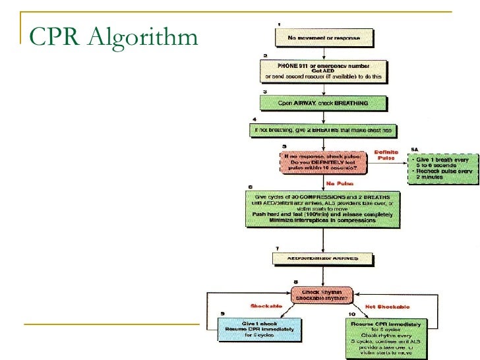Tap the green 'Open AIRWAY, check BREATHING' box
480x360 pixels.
tap(324, 103)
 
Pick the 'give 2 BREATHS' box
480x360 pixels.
tap(324, 131)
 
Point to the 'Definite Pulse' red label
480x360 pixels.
tap(386, 155)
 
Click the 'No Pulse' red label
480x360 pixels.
tap(340, 183)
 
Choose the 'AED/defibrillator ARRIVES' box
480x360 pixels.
tap(324, 258)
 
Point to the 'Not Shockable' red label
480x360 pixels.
tap(388, 307)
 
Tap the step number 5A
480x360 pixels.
tap(414, 149)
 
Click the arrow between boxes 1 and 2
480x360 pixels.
tap(324, 51)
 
